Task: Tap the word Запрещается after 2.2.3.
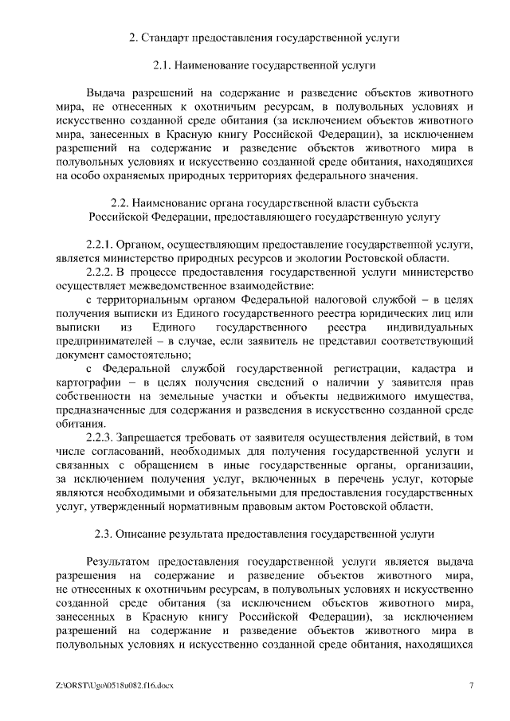click(153, 439)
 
